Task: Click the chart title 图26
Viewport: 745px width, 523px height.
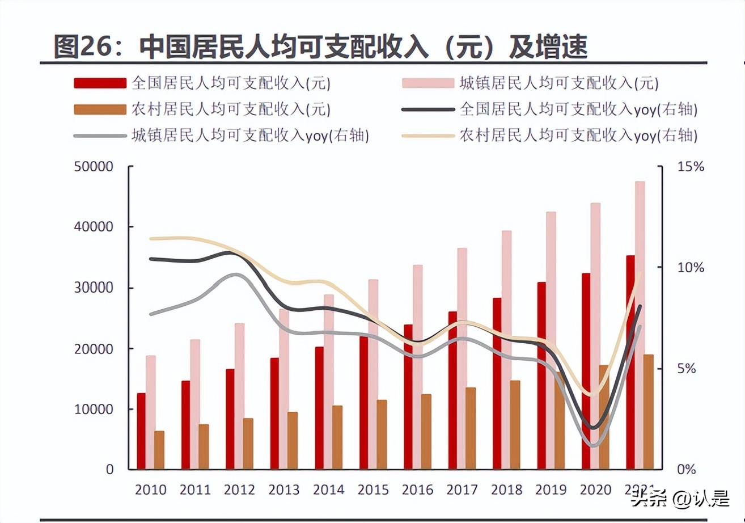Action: point(320,48)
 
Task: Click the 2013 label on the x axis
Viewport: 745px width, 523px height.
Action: point(284,490)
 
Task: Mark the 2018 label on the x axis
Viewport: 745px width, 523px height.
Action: point(507,490)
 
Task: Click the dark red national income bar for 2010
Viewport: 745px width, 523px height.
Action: point(141,431)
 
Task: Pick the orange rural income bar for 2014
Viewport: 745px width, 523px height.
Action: point(337,437)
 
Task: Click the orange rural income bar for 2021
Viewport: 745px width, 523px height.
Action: point(649,412)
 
